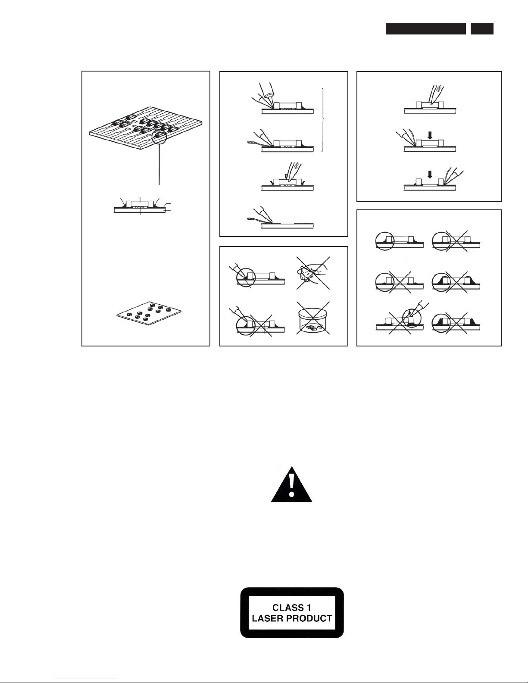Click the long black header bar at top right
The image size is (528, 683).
click(x=425, y=28)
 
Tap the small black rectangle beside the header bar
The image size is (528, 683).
click(x=482, y=28)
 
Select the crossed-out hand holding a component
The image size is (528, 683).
click(x=313, y=273)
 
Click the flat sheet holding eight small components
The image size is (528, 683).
click(x=149, y=313)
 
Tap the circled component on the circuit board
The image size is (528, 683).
click(x=159, y=137)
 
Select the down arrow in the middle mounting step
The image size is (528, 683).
click(x=430, y=135)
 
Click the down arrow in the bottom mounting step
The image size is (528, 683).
click(x=430, y=174)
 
